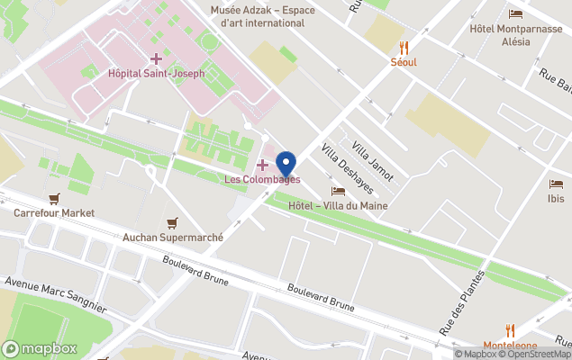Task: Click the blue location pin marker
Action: click(286, 165)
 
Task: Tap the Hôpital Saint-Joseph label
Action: click(156, 74)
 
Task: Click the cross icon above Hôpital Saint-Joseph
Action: click(156, 58)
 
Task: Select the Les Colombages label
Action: click(262, 179)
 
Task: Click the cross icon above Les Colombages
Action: click(262, 164)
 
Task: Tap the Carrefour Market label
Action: click(54, 213)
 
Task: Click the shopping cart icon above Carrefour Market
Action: click(54, 199)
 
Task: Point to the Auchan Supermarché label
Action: click(172, 238)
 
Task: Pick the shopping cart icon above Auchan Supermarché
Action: click(172, 223)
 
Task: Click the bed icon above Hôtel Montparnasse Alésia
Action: click(515, 13)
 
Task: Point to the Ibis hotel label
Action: click(556, 198)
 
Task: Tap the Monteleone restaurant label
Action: click(510, 346)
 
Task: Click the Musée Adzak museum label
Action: click(257, 16)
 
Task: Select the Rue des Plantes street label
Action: click(461, 304)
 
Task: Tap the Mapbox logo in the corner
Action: click(40, 348)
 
